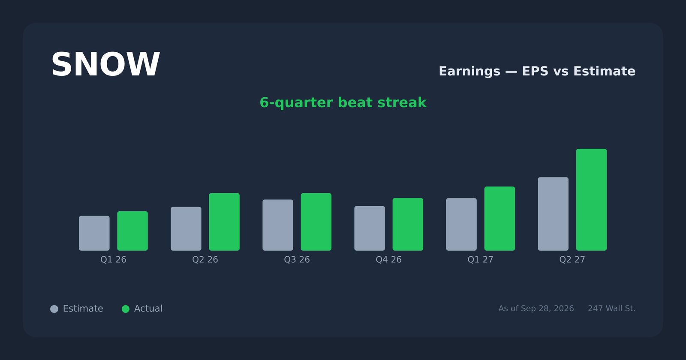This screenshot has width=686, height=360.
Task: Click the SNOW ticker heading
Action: (105, 65)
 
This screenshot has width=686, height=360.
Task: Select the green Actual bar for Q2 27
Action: (591, 200)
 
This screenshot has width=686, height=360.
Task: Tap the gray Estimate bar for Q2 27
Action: (553, 214)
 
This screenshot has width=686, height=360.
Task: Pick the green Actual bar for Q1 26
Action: (132, 231)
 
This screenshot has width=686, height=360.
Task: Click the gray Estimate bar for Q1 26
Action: (94, 233)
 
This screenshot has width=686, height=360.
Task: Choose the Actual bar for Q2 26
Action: (224, 222)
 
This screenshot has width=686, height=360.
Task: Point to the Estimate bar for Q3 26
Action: (278, 225)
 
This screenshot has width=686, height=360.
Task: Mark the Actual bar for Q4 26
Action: (408, 225)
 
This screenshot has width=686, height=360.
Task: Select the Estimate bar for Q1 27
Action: (461, 225)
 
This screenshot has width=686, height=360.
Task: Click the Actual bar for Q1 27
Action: (499, 219)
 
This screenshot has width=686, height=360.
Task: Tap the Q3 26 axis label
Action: (297, 260)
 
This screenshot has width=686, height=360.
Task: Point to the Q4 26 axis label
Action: (388, 260)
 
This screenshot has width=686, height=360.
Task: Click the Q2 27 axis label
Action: (572, 260)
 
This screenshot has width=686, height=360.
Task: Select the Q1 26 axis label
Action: (113, 260)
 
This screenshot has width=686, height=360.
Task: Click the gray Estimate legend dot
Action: (54, 309)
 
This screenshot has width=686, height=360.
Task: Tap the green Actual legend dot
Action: (126, 309)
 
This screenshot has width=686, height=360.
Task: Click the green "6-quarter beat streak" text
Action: (343, 102)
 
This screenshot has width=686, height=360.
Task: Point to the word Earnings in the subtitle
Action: (469, 71)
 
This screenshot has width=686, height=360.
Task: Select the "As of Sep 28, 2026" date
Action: (536, 309)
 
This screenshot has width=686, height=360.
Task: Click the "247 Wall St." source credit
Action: (611, 309)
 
